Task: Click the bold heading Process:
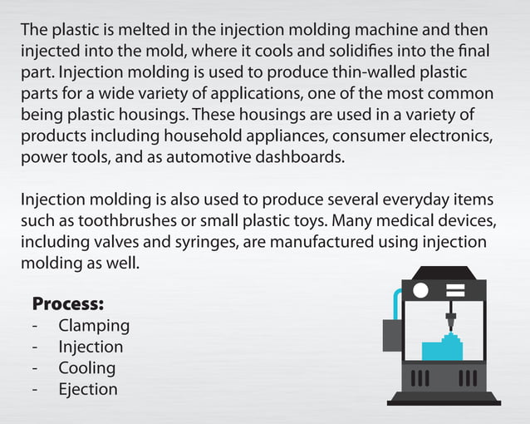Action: coord(67,303)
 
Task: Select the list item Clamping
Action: coord(94,325)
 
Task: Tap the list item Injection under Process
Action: coord(91,347)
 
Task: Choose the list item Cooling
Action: coord(86,367)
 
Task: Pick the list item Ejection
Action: coord(88,389)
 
